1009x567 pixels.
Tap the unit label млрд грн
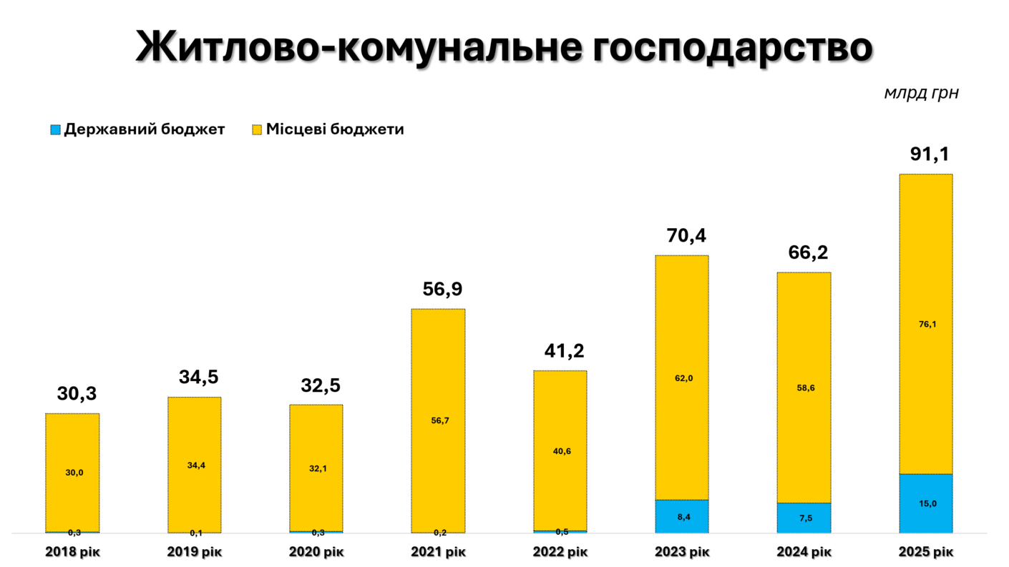point(921,93)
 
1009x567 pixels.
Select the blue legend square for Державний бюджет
point(55,130)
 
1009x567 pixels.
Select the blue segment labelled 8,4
point(682,516)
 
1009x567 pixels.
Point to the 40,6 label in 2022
point(561,451)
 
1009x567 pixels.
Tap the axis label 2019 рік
point(195,552)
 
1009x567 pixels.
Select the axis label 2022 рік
point(560,552)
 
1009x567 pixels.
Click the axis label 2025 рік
point(927,552)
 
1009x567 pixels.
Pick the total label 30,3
point(77,393)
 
